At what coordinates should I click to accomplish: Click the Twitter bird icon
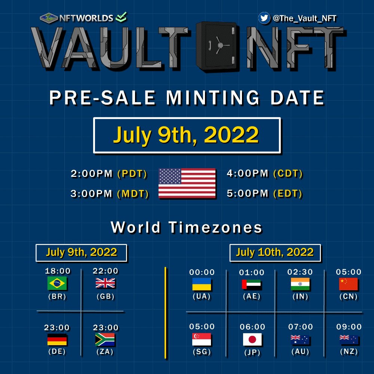point(264,18)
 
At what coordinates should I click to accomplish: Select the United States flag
point(187,183)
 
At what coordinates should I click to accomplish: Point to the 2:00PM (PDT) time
point(109,174)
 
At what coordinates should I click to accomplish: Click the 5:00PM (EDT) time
point(264,194)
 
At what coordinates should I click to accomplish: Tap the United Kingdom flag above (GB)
point(105,283)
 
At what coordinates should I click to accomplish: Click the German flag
point(57,340)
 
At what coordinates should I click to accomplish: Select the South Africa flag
point(105,340)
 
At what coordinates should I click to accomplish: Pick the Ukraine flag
point(202,284)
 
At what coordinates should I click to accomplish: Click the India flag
point(300,284)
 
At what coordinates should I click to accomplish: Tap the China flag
point(349,284)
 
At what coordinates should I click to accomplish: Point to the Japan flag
point(252,340)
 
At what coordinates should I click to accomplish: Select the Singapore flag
point(202,339)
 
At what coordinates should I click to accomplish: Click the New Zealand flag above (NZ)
point(349,340)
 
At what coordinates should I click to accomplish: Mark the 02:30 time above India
point(300,272)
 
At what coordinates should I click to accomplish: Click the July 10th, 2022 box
point(275,253)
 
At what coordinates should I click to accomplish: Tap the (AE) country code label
point(251,296)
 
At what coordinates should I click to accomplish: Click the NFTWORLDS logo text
point(86,18)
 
